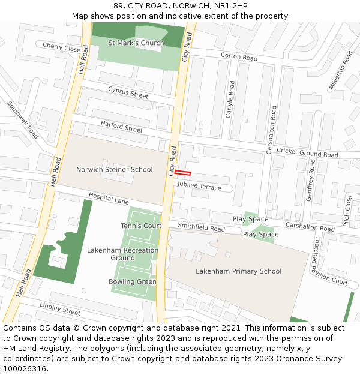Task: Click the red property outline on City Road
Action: tap(182, 173)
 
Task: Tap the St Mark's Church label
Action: tap(136, 43)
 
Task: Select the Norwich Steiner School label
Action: tap(114, 170)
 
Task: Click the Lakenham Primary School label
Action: tap(238, 271)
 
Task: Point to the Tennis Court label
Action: tap(141, 226)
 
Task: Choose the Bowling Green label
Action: tap(133, 282)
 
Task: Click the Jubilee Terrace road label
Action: tap(199, 187)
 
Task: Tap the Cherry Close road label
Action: tap(61, 47)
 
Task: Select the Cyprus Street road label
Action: tap(128, 92)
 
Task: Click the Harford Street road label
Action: tap(121, 127)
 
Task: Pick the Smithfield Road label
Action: tap(201, 228)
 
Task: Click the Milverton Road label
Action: tap(341, 71)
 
